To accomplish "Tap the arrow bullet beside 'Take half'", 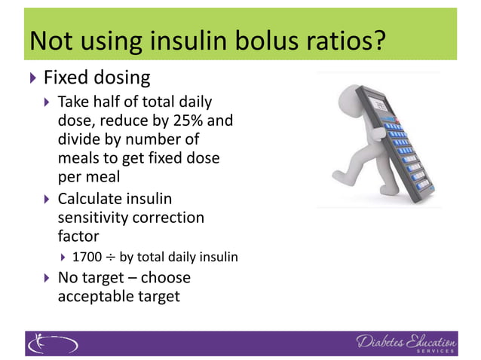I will [x=47, y=102].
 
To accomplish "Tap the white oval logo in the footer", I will [x=52, y=343].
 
